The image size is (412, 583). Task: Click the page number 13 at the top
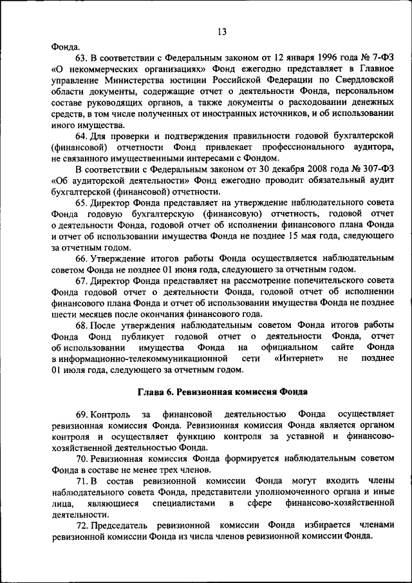(221, 32)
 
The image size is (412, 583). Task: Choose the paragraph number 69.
(82, 414)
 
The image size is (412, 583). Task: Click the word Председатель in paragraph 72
(121, 524)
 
